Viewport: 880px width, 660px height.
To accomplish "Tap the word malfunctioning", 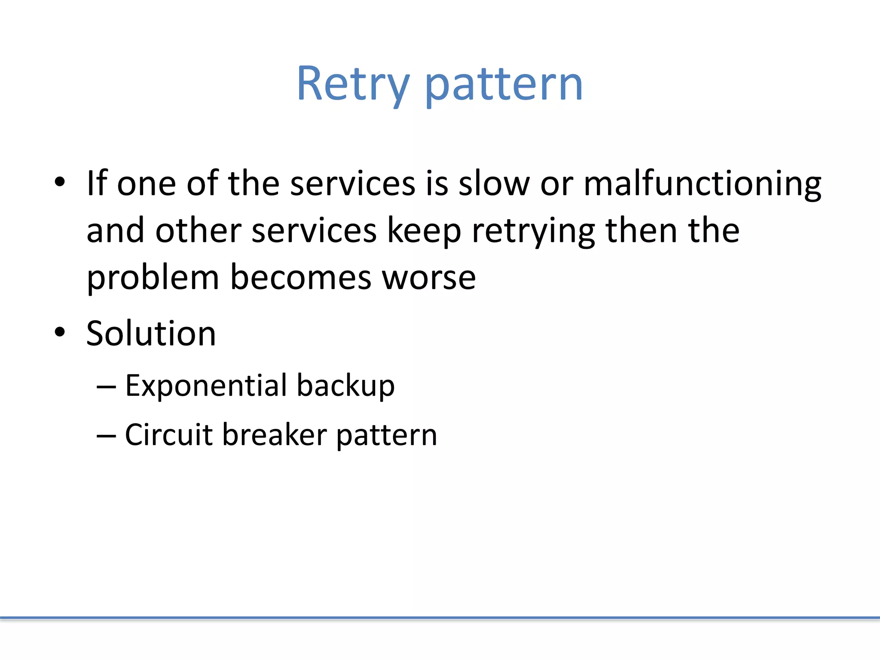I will click(x=702, y=184).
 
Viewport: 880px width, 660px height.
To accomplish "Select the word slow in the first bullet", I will click(x=494, y=184).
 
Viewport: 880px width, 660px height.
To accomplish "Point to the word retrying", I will click(x=533, y=231).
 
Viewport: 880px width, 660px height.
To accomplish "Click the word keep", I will click(x=424, y=231).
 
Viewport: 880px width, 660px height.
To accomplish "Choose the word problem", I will click(x=153, y=278).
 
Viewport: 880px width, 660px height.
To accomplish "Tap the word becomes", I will click(x=300, y=278).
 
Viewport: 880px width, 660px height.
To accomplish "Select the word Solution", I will click(x=151, y=334).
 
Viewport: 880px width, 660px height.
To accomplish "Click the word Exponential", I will click(x=206, y=385).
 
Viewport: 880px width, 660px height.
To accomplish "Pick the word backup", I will click(x=345, y=385).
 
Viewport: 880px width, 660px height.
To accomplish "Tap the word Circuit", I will click(x=168, y=434).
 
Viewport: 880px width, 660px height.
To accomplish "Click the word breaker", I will click(x=275, y=434).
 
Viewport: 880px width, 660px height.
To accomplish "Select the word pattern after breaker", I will click(x=386, y=435).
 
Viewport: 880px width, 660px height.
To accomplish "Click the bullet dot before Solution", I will click(x=60, y=332).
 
